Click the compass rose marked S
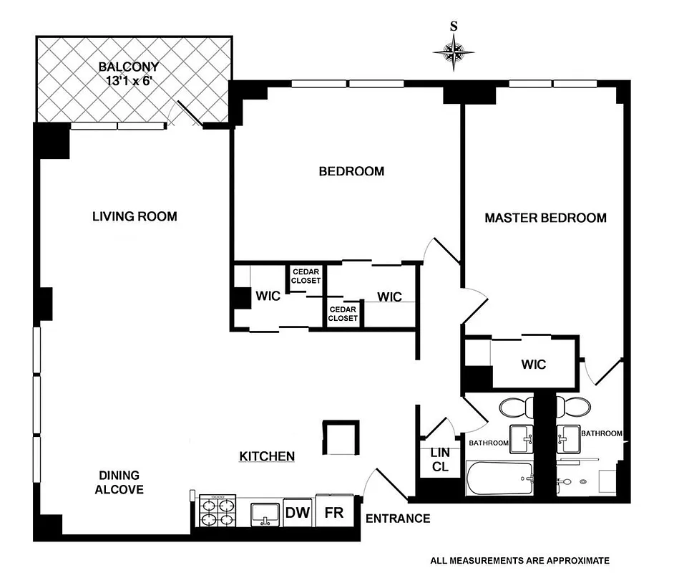(x=454, y=50)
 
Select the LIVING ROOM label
(x=135, y=216)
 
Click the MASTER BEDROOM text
(x=545, y=218)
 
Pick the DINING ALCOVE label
(x=121, y=483)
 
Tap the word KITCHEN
(x=267, y=456)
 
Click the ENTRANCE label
(x=398, y=519)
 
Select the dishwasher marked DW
(x=298, y=513)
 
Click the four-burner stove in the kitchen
(x=218, y=512)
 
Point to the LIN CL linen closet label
(x=439, y=460)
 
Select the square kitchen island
(x=342, y=438)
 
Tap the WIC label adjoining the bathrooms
(x=534, y=365)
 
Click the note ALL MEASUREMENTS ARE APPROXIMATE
(x=519, y=560)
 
